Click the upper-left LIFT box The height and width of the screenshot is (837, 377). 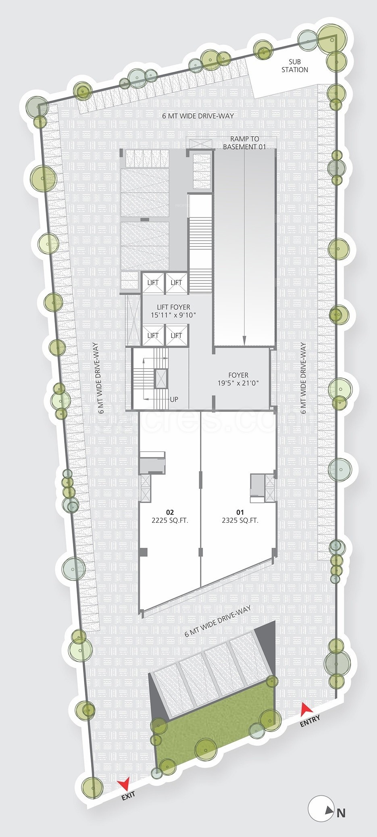pos(153,283)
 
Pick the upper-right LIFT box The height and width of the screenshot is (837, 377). pos(176,283)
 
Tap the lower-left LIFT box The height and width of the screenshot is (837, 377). pos(153,336)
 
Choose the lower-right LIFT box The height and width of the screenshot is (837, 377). pos(176,336)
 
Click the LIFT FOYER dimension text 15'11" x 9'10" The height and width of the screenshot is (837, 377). pos(173,315)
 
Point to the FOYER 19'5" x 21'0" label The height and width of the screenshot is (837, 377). pos(238,379)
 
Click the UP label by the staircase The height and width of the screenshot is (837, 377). pos(174,399)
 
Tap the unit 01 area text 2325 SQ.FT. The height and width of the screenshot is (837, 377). pos(240,520)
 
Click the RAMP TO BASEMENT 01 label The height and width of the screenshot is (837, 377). pos(244,143)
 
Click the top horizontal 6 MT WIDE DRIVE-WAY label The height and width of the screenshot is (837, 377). pos(198,116)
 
